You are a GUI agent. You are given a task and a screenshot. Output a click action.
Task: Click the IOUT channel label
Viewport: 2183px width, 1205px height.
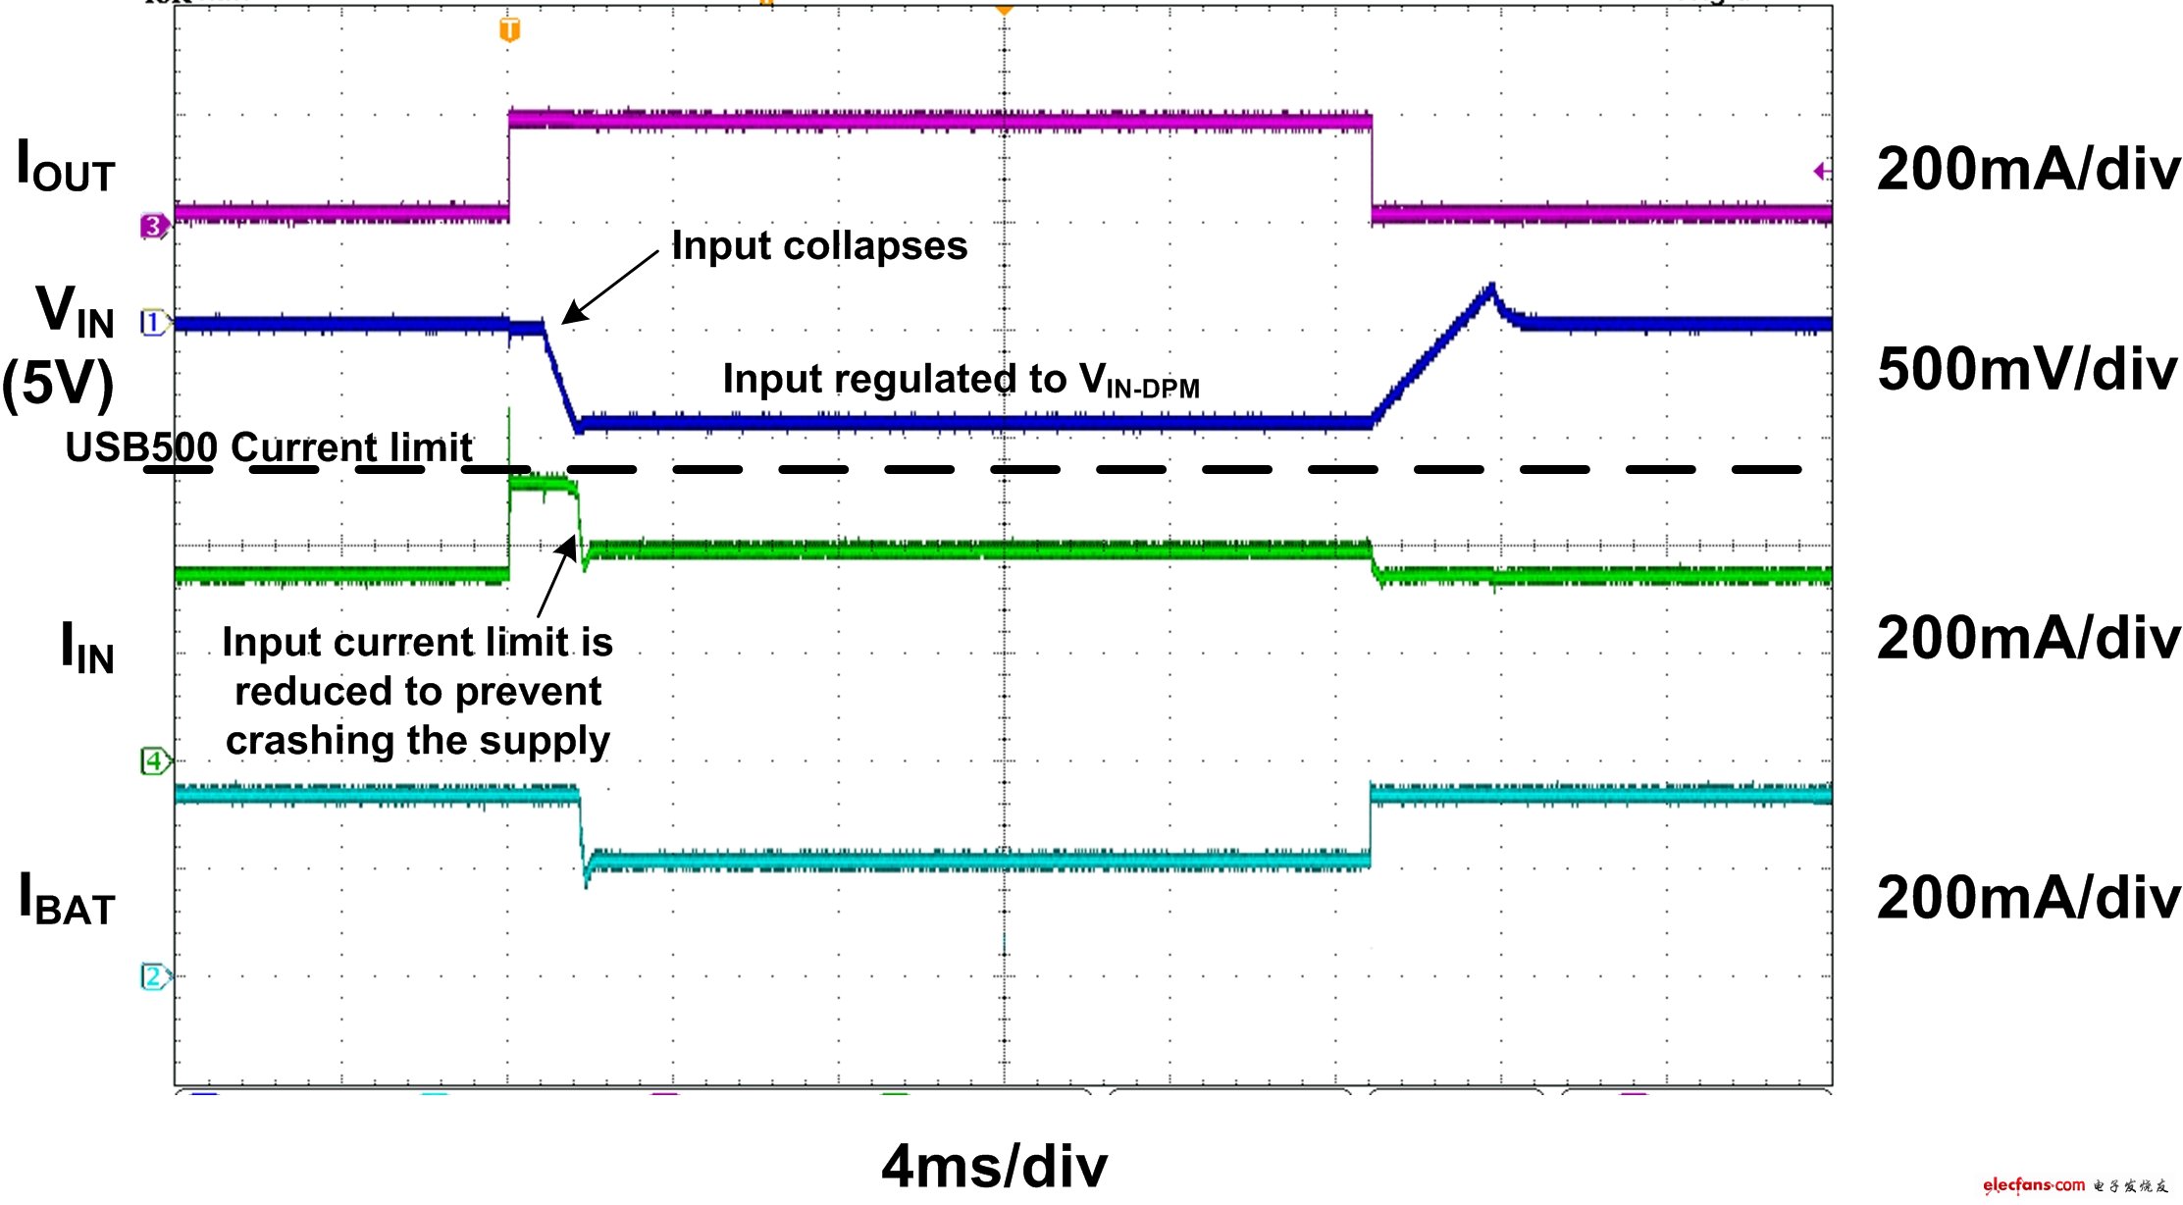[66, 166]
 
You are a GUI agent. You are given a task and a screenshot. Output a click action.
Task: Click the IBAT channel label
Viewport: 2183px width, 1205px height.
[67, 899]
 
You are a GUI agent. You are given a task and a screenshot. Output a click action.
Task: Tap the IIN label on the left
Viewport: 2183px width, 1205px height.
[87, 649]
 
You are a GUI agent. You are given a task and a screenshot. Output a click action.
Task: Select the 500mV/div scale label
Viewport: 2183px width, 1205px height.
[2027, 370]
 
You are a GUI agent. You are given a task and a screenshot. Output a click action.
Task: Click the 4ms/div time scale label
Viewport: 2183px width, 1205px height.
[994, 1167]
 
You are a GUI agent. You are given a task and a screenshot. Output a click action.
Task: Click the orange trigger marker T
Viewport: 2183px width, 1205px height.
[509, 30]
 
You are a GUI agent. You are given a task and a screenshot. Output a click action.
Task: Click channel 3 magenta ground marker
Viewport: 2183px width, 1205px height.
[154, 227]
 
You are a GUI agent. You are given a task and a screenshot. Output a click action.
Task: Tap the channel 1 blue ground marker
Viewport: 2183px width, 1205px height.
[153, 323]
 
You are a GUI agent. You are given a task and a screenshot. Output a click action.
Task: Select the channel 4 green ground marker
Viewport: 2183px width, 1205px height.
[154, 760]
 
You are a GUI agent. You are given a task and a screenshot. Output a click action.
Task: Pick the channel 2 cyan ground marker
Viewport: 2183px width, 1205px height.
[154, 976]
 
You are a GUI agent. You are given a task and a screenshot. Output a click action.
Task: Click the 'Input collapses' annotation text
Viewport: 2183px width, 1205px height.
[819, 245]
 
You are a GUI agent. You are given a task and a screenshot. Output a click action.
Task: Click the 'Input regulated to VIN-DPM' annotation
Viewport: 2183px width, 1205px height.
[961, 381]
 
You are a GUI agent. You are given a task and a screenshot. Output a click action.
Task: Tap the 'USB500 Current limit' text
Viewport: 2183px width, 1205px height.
[268, 447]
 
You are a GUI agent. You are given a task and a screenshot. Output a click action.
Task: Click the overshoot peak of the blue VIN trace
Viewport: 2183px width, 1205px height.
[1491, 287]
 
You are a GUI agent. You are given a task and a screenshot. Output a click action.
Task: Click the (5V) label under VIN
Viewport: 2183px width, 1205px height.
[58, 384]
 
